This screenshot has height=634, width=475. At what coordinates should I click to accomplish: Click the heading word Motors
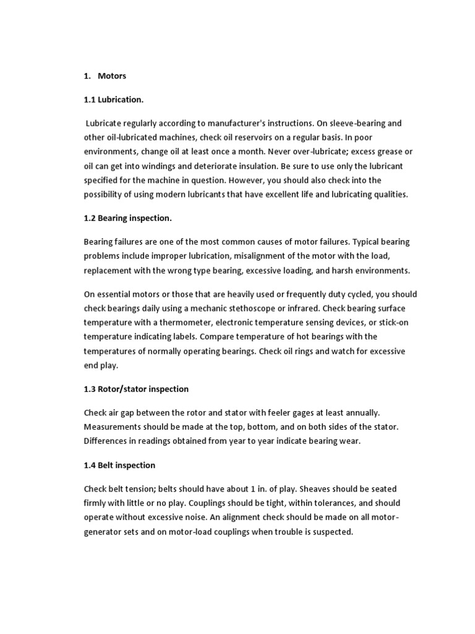click(112, 76)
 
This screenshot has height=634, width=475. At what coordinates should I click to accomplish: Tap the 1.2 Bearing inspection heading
click(127, 218)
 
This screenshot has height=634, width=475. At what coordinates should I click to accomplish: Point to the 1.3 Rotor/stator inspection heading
click(136, 389)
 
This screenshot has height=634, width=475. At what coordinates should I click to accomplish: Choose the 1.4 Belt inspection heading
click(119, 465)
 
